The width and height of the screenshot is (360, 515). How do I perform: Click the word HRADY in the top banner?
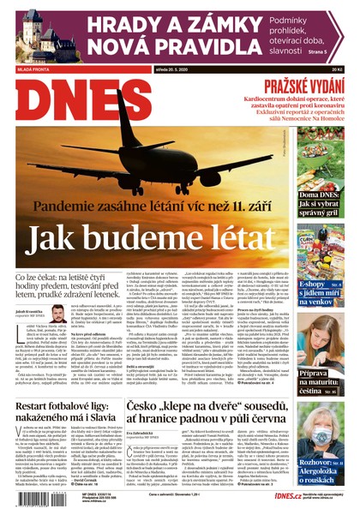(x=110, y=26)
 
